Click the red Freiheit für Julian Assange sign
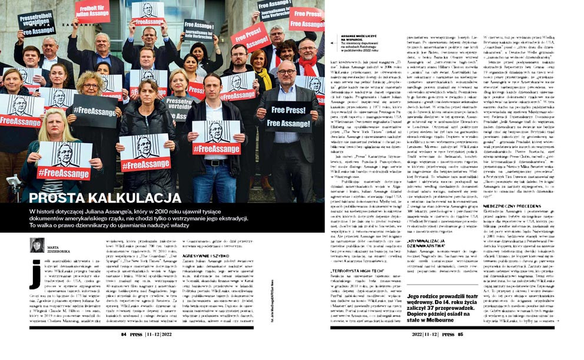pos(92,11)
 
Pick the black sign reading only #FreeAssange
pos(94,111)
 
